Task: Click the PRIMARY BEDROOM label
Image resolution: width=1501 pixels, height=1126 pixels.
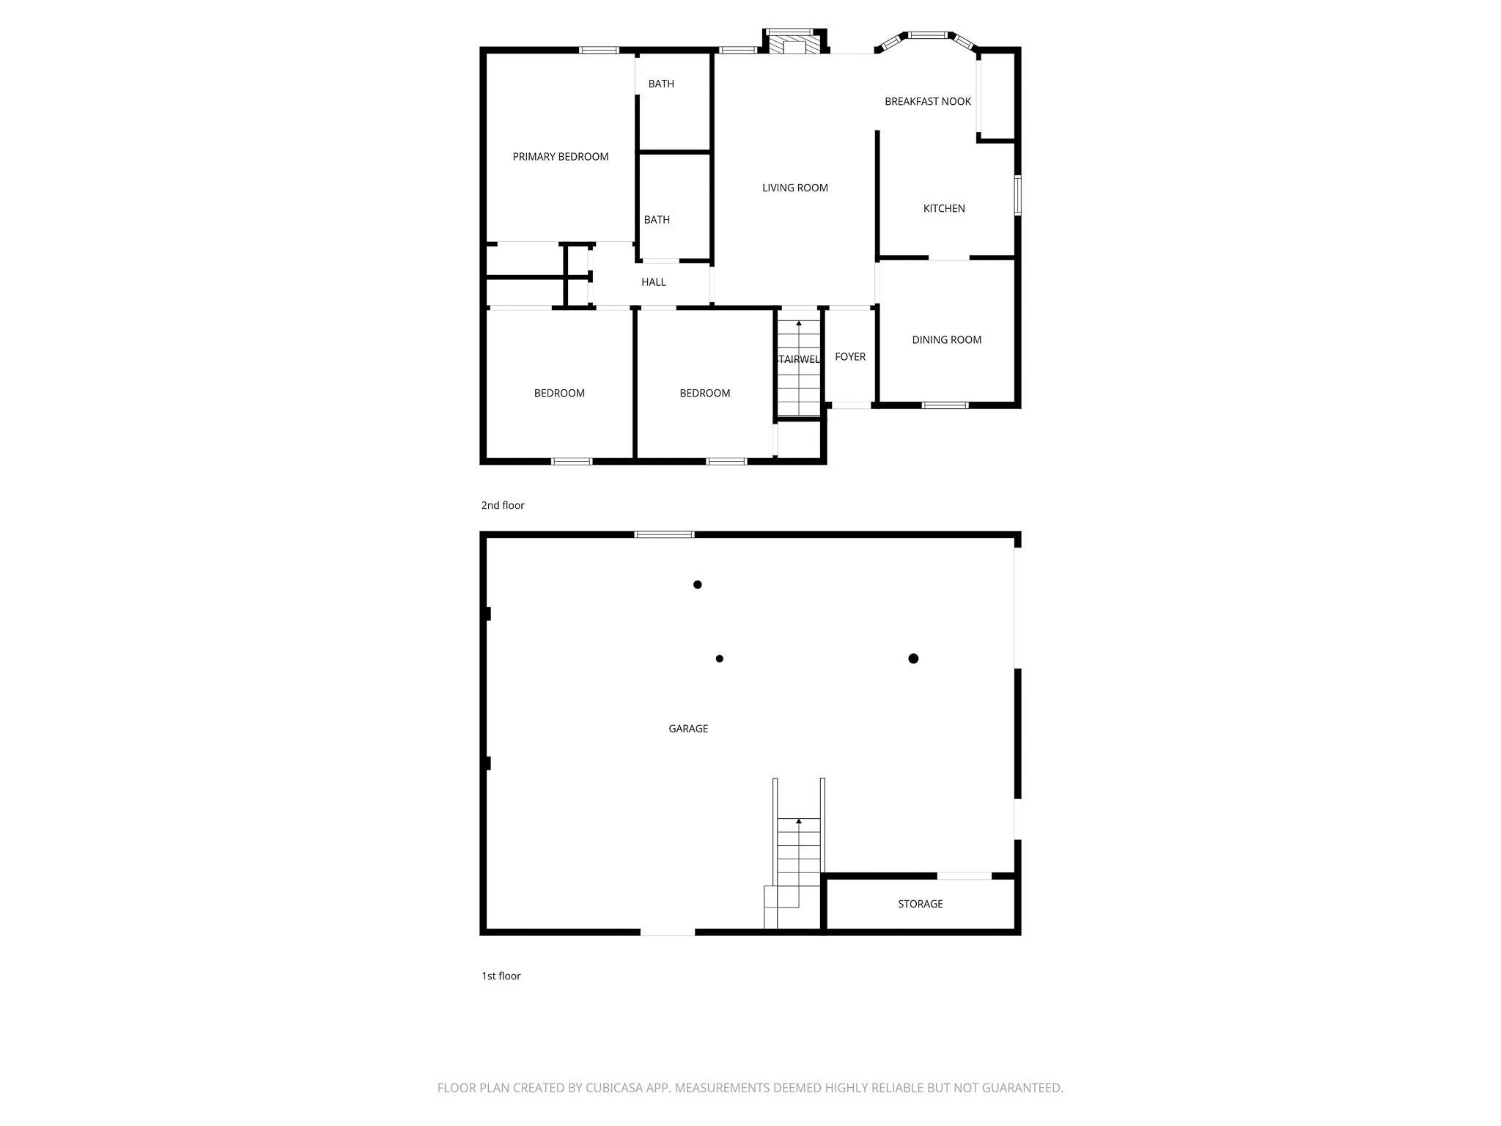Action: pyautogui.click(x=560, y=157)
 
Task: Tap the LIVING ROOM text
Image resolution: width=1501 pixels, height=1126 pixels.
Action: pyautogui.click(x=795, y=188)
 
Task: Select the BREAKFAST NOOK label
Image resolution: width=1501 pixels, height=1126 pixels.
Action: pyautogui.click(x=928, y=101)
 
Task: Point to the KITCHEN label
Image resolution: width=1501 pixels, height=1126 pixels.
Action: pyautogui.click(x=944, y=208)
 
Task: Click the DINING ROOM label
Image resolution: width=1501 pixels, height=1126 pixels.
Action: pyautogui.click(x=947, y=339)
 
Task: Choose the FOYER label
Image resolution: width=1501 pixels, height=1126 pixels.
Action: pyautogui.click(x=850, y=356)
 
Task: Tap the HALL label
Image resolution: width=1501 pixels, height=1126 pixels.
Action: pyautogui.click(x=654, y=282)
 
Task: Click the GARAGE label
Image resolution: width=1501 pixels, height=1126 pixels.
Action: pyautogui.click(x=688, y=729)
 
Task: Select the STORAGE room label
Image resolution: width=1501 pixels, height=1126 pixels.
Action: pyautogui.click(x=921, y=904)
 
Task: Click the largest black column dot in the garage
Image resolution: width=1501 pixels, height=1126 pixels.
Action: pyautogui.click(x=913, y=658)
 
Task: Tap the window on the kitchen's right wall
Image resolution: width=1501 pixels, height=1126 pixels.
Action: pyautogui.click(x=1017, y=195)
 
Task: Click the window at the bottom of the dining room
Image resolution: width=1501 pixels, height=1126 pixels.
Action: pyautogui.click(x=945, y=405)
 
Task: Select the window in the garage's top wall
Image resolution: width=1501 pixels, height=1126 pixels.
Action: pyautogui.click(x=664, y=534)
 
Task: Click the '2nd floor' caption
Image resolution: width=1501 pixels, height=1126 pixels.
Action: pyautogui.click(x=503, y=505)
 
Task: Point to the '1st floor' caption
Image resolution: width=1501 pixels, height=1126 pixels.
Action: pyautogui.click(x=501, y=976)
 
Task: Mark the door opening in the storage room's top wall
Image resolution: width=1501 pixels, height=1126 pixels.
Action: pyautogui.click(x=965, y=876)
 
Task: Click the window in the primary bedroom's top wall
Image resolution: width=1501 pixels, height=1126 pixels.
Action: pyautogui.click(x=599, y=50)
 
